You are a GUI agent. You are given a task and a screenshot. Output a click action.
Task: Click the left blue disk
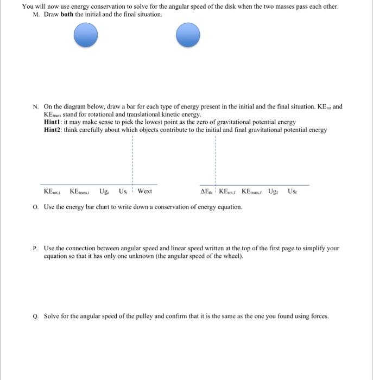click(x=86, y=36)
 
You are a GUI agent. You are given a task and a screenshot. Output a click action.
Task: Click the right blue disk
click(x=188, y=36)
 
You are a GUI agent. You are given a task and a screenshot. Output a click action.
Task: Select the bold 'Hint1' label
click(x=53, y=122)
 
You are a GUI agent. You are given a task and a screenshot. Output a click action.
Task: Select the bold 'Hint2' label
click(x=53, y=130)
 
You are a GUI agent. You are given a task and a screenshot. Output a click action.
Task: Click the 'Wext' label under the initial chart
click(x=145, y=191)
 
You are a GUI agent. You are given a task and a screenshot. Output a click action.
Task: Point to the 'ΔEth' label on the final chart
click(x=207, y=191)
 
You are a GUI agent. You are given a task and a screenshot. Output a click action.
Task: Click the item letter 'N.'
click(x=35, y=107)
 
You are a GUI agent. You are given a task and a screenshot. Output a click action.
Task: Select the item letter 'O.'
click(x=35, y=207)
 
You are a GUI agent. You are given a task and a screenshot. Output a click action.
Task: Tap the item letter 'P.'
click(x=35, y=248)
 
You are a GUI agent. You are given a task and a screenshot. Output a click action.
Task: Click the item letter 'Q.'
click(x=35, y=316)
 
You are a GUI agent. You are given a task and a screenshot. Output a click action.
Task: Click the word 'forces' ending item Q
click(x=319, y=316)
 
